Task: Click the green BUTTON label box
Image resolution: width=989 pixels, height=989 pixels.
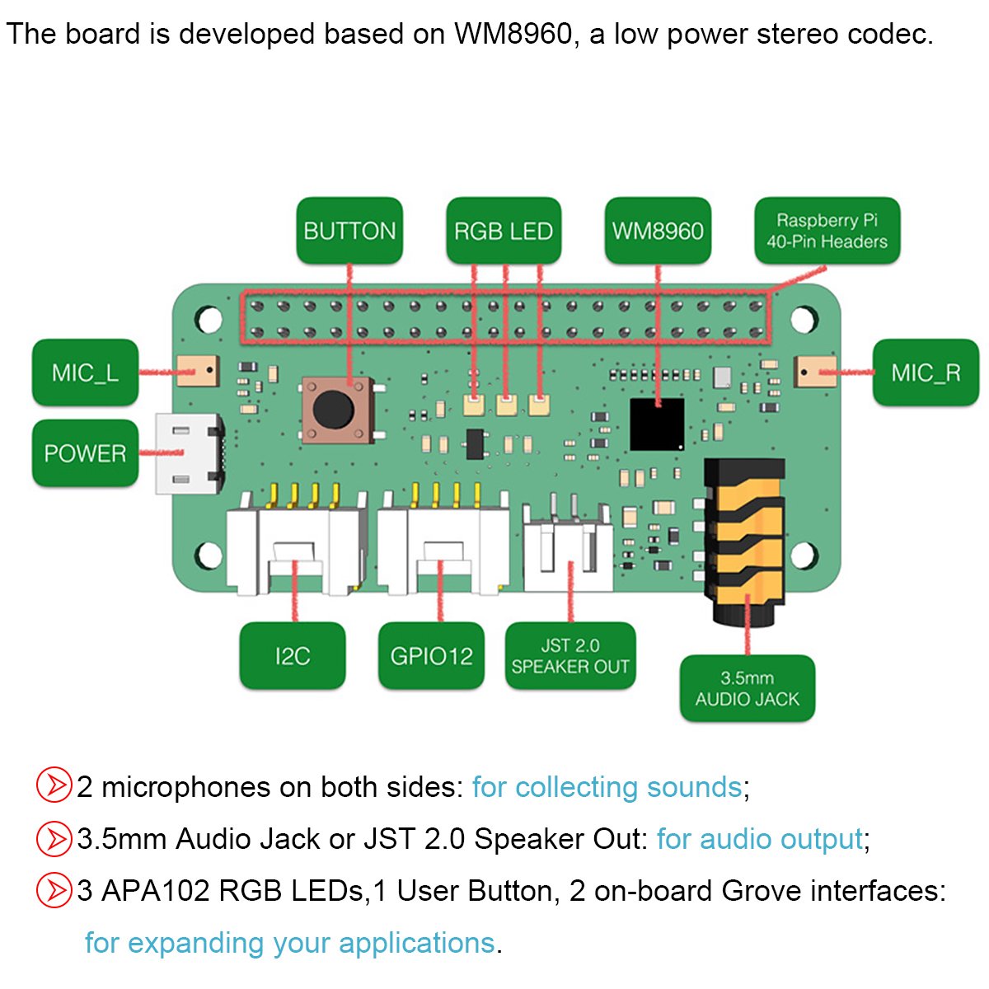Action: pyautogui.click(x=349, y=231)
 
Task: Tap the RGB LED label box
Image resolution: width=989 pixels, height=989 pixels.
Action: pyautogui.click(x=503, y=231)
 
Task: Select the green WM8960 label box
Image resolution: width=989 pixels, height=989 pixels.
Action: pyautogui.click(x=658, y=231)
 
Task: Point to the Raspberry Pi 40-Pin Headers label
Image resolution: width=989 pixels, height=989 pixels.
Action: pyautogui.click(x=827, y=231)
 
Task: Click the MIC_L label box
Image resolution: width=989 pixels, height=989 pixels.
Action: pyautogui.click(x=85, y=373)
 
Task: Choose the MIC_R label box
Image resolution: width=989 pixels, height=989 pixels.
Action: pyautogui.click(x=925, y=373)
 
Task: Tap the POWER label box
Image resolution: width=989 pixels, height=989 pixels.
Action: pyautogui.click(x=85, y=452)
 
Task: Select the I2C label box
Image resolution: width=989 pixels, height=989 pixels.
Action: pyautogui.click(x=293, y=656)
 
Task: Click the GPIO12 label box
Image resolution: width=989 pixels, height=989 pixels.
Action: pyautogui.click(x=431, y=656)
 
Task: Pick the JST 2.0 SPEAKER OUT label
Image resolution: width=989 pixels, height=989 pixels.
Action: pyautogui.click(x=569, y=656)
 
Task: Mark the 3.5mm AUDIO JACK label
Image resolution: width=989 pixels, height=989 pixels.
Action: pyautogui.click(x=747, y=689)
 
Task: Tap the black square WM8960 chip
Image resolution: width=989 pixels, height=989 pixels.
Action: pyautogui.click(x=657, y=424)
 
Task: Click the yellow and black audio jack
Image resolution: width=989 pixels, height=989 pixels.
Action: pyautogui.click(x=742, y=536)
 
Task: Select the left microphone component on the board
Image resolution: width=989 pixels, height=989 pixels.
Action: pyautogui.click(x=198, y=372)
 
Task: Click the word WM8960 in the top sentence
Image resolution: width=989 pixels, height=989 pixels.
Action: pyautogui.click(x=513, y=34)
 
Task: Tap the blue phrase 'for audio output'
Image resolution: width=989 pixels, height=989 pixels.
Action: pyautogui.click(x=759, y=839)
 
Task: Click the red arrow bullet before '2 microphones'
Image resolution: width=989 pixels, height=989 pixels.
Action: pyautogui.click(x=54, y=785)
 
